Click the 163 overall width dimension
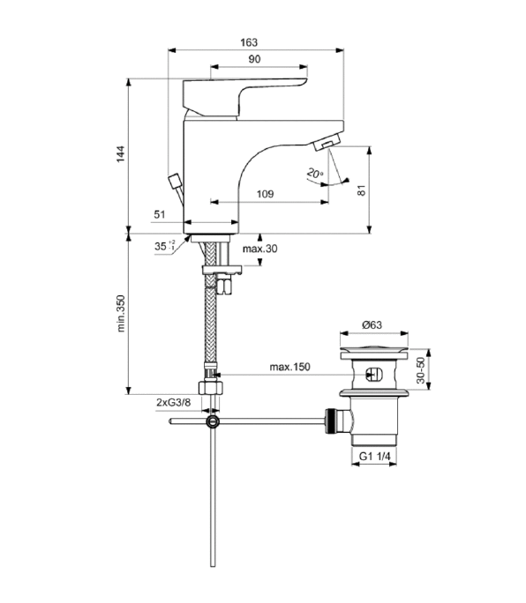249,42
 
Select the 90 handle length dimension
254,59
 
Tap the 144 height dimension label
121,153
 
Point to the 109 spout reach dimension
265,194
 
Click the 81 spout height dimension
361,190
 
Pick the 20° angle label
315,174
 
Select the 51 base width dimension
160,214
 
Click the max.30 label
260,249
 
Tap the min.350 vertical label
121,314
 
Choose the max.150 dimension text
289,367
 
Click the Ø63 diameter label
372,325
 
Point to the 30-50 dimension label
421,370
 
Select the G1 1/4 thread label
375,457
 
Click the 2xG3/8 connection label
173,403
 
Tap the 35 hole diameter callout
164,245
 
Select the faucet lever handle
244,97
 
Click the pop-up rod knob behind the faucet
175,181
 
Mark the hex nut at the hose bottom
211,387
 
